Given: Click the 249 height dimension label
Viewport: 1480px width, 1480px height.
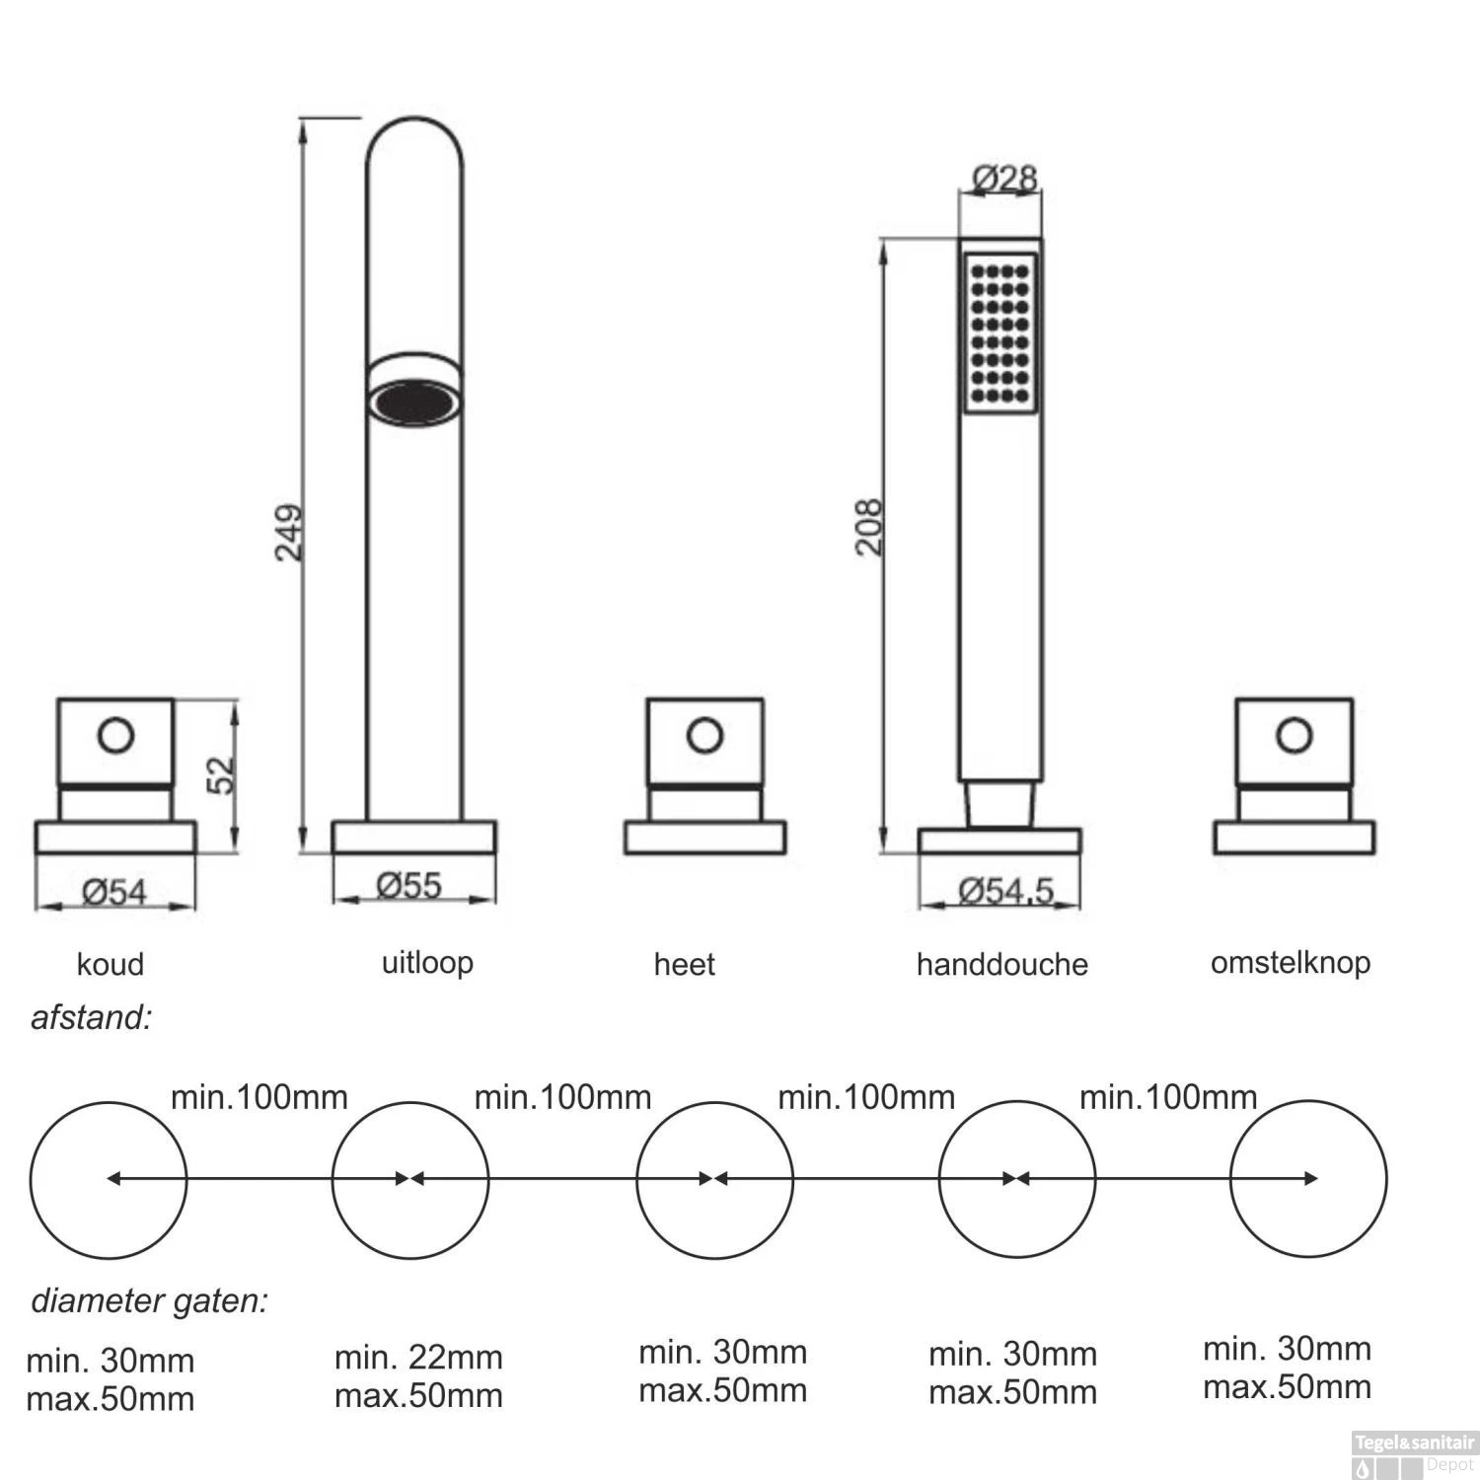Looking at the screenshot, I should tap(288, 533).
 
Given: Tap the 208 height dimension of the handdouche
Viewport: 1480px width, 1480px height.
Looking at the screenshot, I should tap(868, 527).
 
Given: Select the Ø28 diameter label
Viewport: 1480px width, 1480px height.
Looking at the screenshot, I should tap(1003, 179).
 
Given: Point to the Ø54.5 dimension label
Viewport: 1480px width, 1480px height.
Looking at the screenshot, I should tap(1005, 891).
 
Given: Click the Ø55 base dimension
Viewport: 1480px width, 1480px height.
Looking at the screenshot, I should tap(408, 885).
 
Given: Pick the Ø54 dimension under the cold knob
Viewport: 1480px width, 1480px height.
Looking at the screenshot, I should tap(114, 892).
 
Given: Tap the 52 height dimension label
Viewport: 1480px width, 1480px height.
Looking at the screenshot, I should tap(221, 774).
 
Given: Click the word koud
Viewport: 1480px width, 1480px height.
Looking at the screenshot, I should tap(111, 964).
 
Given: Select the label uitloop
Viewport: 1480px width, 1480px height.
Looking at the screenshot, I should tap(427, 962).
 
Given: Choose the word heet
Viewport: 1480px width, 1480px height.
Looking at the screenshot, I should tap(684, 964).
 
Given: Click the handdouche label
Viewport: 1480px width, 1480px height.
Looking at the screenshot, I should tap(1001, 964).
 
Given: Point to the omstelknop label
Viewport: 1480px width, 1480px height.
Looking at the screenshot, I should tap(1290, 962).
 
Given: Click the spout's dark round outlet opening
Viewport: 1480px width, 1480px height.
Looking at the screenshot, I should tap(414, 404).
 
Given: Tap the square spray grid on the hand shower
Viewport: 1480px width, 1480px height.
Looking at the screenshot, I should tap(1000, 333).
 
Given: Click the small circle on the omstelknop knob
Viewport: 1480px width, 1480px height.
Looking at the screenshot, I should tap(1294, 735).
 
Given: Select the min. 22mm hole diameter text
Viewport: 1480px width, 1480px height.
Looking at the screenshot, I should tap(418, 1358).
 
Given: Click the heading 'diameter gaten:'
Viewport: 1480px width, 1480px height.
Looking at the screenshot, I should tap(149, 1301).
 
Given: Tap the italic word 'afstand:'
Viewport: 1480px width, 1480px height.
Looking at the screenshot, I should tap(92, 1017).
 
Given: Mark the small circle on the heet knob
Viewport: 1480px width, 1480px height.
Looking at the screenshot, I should tap(704, 735).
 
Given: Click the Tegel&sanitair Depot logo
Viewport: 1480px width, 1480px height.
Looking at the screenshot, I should tap(1413, 1454).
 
